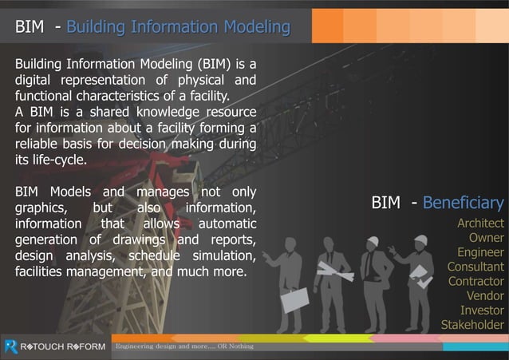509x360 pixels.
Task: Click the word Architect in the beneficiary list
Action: tap(480, 224)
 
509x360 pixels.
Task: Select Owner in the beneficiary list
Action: tap(486, 238)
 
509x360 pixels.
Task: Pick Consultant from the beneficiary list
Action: tap(475, 267)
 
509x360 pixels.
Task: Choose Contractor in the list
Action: tap(475, 281)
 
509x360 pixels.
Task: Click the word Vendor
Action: tap(485, 295)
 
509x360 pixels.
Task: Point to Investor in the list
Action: tap(482, 310)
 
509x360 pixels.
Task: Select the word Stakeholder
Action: tap(472, 324)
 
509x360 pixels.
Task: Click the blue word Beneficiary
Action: tap(463, 203)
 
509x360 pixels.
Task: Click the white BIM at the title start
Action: tap(29, 28)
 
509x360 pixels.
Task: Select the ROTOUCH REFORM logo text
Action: tap(62, 346)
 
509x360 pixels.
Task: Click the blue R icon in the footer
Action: tap(10, 346)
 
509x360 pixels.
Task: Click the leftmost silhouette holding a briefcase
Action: tap(284, 279)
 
